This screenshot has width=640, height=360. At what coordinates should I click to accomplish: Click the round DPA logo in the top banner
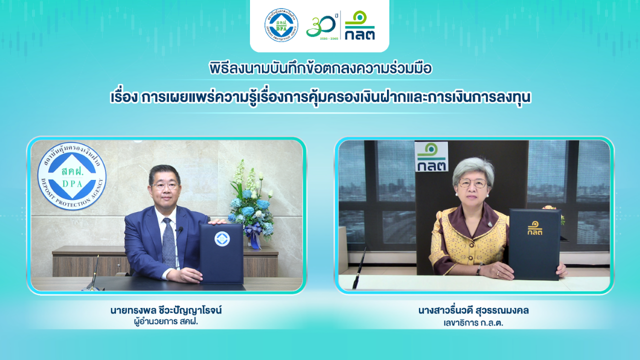tap(281, 25)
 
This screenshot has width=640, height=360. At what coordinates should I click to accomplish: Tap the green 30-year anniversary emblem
tap(321, 26)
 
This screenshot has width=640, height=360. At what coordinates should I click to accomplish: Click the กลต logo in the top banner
tap(359, 25)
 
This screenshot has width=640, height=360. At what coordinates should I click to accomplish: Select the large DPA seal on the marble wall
tap(71, 175)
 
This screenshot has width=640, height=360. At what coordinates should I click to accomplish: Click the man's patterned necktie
tap(169, 242)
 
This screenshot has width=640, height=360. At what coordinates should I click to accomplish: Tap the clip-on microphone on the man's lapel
tap(180, 229)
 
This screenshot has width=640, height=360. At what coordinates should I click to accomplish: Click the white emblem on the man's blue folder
tap(222, 239)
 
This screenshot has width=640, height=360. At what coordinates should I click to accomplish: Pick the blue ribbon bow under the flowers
tap(253, 233)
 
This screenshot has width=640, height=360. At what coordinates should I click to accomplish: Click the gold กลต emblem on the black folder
tap(535, 228)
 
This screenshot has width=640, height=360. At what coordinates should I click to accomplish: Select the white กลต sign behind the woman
tap(431, 156)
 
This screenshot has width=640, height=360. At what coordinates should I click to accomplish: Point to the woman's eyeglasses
tap(472, 183)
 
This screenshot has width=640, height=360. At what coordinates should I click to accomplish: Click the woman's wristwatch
tap(478, 269)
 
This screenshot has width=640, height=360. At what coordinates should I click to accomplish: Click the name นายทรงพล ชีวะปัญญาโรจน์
tap(166, 310)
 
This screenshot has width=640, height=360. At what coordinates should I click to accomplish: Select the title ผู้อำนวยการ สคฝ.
tap(166, 321)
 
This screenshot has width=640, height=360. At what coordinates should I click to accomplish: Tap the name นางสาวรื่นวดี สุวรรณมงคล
tap(473, 310)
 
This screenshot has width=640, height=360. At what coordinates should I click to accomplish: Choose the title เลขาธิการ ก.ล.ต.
tap(473, 323)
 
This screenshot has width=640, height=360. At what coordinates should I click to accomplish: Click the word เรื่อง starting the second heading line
tap(124, 97)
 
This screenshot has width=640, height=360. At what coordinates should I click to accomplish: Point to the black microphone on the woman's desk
tap(359, 268)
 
